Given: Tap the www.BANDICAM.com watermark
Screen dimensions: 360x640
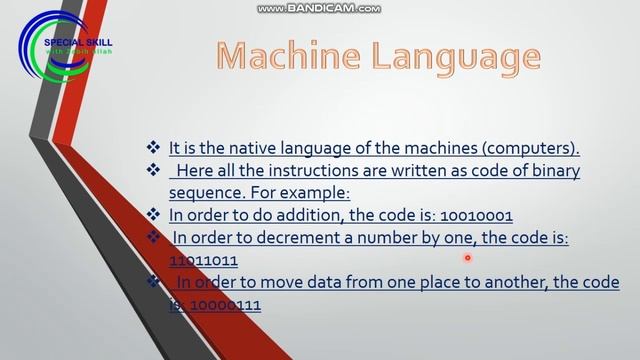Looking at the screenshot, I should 319,8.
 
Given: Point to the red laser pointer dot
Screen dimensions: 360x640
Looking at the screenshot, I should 467,258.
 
